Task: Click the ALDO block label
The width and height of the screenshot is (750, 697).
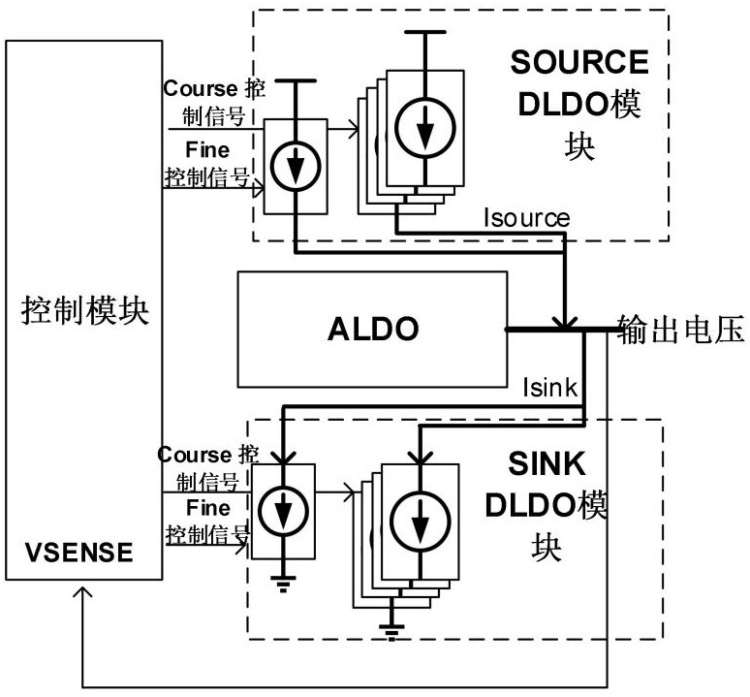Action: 372,329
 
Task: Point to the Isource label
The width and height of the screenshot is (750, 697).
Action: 527,217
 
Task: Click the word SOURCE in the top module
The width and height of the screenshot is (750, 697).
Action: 578,62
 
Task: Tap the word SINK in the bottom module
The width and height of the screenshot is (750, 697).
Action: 547,463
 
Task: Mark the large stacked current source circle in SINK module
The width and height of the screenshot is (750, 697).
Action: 420,523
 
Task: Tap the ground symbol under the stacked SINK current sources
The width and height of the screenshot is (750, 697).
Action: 391,634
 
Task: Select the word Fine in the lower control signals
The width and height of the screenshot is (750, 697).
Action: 208,508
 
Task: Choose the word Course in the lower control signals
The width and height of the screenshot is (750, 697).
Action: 194,455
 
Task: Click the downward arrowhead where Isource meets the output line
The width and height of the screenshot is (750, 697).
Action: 565,320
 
